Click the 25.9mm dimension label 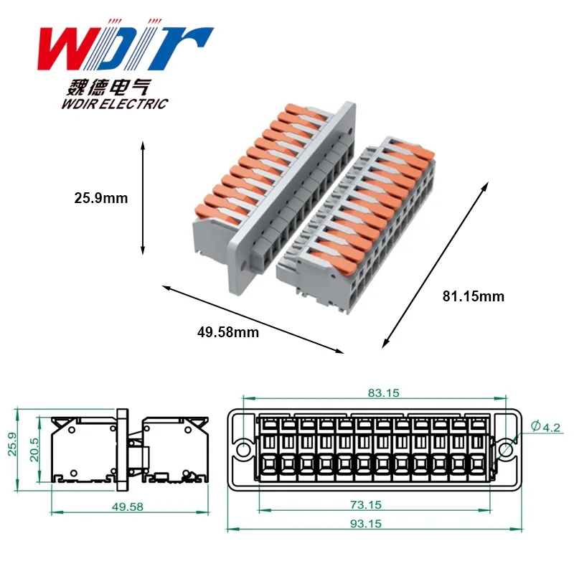pos(101,198)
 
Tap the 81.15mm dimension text pos(474,296)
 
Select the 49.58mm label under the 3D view pos(228,332)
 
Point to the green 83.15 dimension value pos(383,392)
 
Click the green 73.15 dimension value pos(366,505)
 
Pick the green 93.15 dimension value pos(366,524)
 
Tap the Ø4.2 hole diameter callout pos(545,426)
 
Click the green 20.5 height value pos(34,450)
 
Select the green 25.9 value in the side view pos(12,444)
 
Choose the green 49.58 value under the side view pos(128,507)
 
